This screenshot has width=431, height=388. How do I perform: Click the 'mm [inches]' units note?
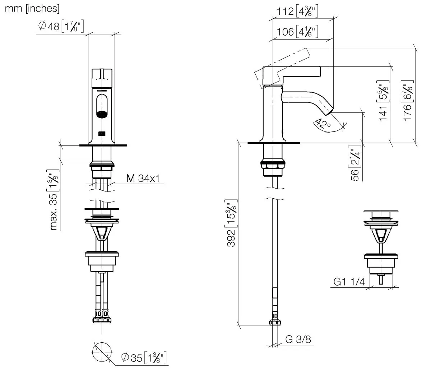[x=32, y=9]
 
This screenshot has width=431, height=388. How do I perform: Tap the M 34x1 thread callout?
[x=143, y=178]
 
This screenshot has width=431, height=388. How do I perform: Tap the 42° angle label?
[x=323, y=123]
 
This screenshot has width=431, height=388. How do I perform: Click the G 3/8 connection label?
[x=298, y=339]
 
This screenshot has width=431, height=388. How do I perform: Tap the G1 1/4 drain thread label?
[x=349, y=282]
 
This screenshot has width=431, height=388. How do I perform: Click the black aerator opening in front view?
[x=102, y=115]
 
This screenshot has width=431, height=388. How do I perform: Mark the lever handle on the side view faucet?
[x=292, y=71]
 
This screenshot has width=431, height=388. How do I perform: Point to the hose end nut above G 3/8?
[x=275, y=321]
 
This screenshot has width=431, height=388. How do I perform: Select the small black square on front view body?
[x=102, y=134]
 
